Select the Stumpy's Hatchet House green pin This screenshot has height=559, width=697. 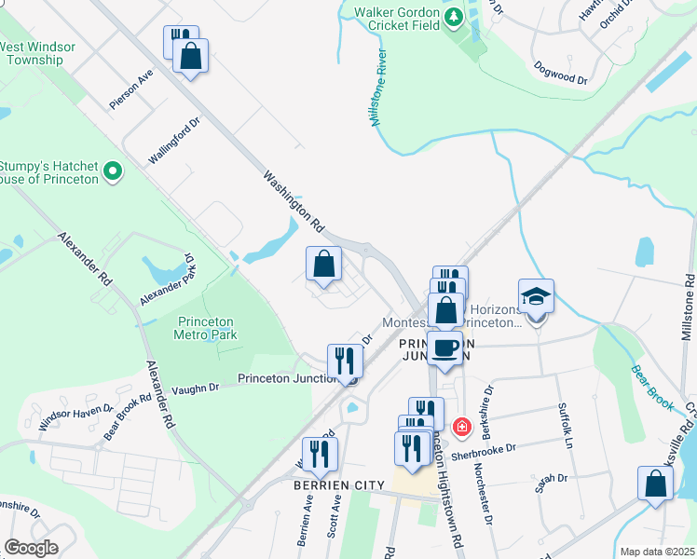pos(113,170)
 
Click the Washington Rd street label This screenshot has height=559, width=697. pos(293,201)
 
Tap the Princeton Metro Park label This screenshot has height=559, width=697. pos(207,328)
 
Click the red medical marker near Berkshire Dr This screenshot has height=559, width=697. pos(461,427)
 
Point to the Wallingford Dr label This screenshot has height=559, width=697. pos(174,142)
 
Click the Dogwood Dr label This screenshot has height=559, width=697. pos(560,75)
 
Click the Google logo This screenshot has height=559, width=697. pos(31,549)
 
